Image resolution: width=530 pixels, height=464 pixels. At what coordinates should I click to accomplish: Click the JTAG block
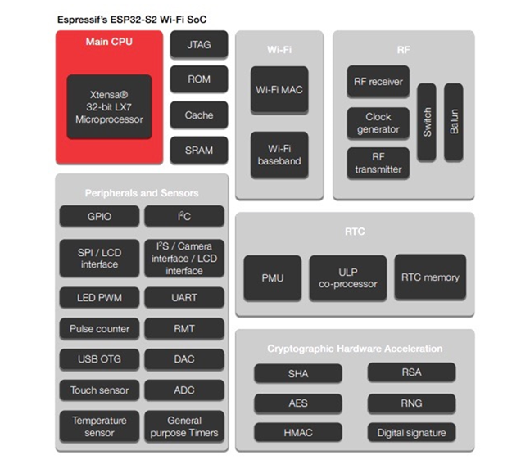199,44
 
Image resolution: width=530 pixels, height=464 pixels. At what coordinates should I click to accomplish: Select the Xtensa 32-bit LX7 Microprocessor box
109,106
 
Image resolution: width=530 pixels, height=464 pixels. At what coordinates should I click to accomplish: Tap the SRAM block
199,150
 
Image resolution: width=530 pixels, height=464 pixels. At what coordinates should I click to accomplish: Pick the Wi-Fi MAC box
279,89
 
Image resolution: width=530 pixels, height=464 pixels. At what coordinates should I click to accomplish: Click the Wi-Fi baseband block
279,155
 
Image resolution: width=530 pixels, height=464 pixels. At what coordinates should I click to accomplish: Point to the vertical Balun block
454,122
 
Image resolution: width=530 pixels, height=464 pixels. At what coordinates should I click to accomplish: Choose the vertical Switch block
427,122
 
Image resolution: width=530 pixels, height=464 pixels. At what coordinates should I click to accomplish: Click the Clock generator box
378,123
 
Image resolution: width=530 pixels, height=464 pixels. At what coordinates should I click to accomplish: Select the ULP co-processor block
348,277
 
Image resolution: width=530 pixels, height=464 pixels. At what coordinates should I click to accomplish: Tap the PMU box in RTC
273,277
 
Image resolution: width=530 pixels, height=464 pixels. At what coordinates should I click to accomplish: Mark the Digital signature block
411,433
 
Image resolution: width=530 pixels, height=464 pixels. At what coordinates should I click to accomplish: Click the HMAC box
298,433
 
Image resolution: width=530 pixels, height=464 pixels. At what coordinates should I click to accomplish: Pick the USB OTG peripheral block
99,358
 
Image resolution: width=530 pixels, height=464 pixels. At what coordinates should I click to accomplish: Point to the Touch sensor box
99,390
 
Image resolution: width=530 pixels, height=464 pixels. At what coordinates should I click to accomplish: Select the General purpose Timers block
184,426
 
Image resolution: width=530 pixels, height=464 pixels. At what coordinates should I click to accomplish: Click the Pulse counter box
99,328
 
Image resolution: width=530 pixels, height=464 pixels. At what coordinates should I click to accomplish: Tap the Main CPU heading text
109,42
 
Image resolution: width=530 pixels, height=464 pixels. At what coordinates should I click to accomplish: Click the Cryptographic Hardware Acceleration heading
355,349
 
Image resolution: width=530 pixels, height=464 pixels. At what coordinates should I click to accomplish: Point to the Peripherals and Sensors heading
142,193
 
